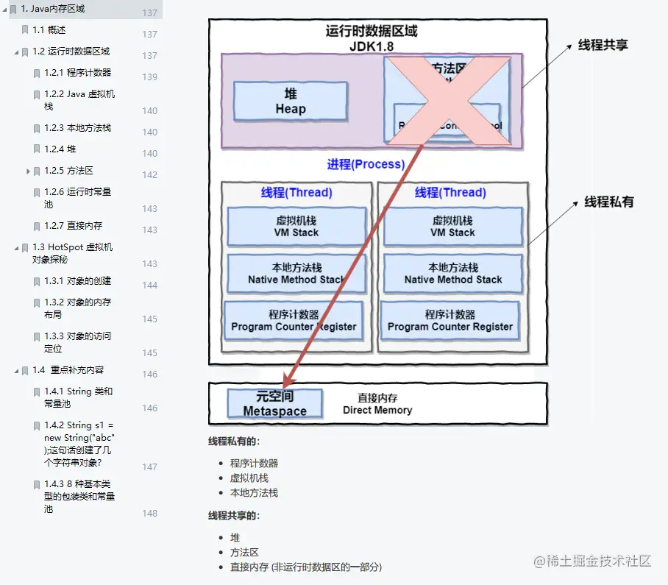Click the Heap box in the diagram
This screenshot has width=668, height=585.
tap(291, 102)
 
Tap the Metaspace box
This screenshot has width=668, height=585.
tap(274, 404)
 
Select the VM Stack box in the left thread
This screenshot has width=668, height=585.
tap(296, 226)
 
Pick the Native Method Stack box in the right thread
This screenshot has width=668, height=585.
tap(452, 273)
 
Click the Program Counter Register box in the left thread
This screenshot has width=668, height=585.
tap(294, 320)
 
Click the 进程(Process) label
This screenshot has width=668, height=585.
tap(366, 164)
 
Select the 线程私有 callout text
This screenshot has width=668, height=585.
tap(609, 202)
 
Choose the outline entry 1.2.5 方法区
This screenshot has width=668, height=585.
tap(69, 171)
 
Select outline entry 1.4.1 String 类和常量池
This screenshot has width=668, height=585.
tap(78, 397)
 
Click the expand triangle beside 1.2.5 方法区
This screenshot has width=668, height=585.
tap(28, 171)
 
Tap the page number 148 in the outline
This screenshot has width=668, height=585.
tap(150, 514)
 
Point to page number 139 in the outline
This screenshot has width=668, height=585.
tap(150, 77)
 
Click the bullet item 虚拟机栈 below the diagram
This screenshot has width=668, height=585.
tap(249, 478)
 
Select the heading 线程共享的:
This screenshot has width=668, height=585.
tap(234, 516)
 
